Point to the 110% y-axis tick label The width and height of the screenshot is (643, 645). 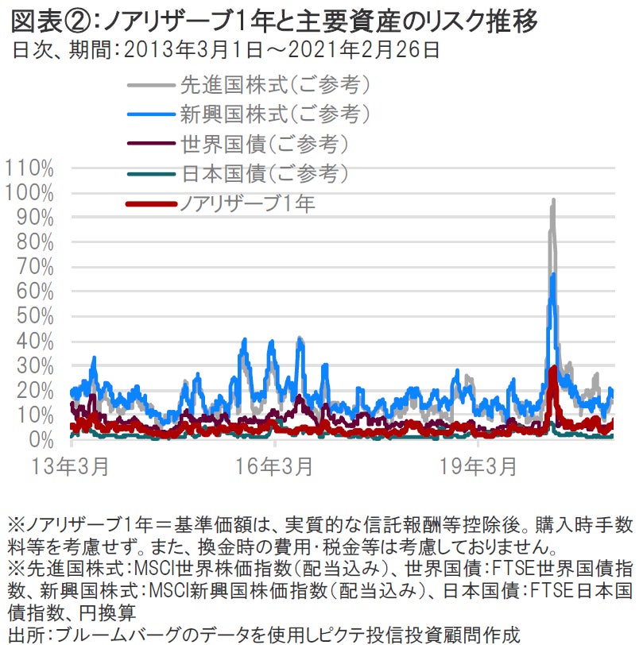(x=29, y=168)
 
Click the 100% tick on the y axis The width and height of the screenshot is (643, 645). (x=29, y=193)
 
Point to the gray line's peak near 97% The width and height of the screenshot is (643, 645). (x=553, y=200)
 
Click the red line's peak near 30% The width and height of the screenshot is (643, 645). (x=553, y=368)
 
